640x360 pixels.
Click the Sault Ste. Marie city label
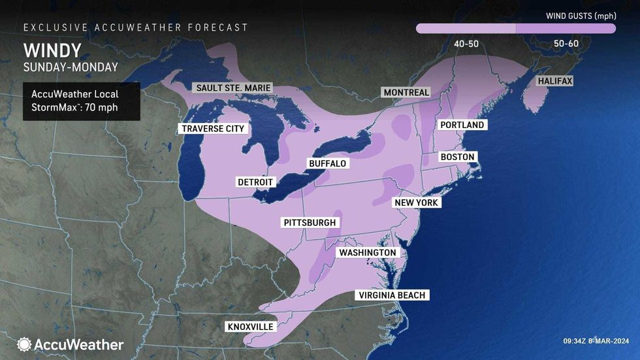coord(233,88)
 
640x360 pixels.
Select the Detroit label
coord(256,182)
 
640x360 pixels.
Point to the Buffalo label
coord(327,163)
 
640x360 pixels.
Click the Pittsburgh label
coord(310,223)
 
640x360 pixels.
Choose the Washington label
coord(367,253)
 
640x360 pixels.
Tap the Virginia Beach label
coord(392,295)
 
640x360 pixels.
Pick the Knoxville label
coord(250,326)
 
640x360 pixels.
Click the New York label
coord(417,203)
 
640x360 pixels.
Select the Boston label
coord(457,157)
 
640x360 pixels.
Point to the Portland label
coord(462,125)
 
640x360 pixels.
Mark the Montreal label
coord(406,93)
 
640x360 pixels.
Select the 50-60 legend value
coord(566,43)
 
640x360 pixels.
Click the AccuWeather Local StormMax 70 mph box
coord(81,101)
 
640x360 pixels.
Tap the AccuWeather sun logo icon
coord(25,344)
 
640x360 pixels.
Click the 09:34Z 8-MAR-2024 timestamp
coord(596,340)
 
